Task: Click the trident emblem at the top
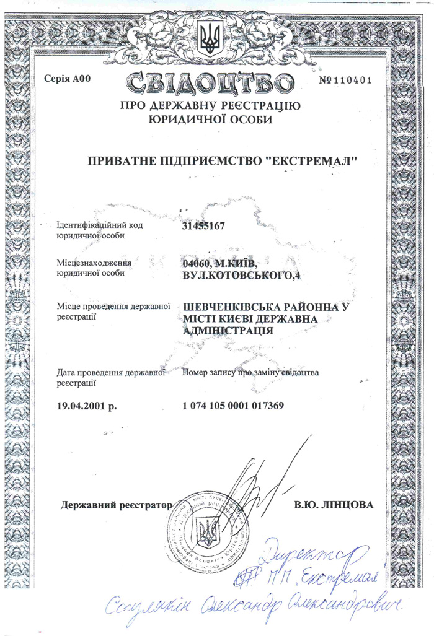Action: pos(210,38)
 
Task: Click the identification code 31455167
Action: pos(203,226)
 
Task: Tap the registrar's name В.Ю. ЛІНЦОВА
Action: pos(333,505)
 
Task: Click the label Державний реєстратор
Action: pos(116,505)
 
